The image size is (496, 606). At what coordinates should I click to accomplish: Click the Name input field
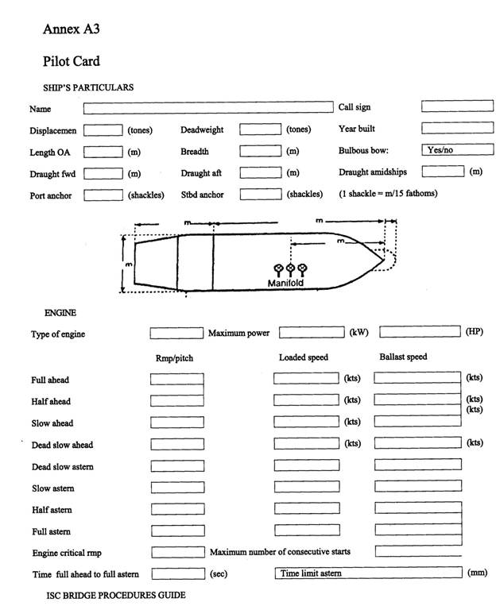tap(208, 107)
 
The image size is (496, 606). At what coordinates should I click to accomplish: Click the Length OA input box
tap(103, 151)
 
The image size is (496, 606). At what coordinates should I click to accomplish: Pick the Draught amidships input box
tap(443, 171)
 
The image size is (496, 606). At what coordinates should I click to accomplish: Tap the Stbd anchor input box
tap(261, 193)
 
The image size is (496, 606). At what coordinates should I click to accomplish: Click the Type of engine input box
tap(177, 333)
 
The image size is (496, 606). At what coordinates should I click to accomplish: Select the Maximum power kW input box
tap(311, 333)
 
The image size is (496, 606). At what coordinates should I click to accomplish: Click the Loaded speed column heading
tap(303, 357)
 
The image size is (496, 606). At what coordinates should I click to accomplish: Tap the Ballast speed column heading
tap(403, 357)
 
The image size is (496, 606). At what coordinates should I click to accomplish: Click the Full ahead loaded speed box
tap(306, 379)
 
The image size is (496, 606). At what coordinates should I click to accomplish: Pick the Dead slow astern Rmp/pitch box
tap(177, 465)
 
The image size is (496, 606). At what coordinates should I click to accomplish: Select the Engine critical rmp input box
tap(177, 551)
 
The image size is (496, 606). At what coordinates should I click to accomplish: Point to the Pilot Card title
tap(72, 60)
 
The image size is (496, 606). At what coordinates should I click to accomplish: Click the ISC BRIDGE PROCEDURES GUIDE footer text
tap(116, 594)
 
